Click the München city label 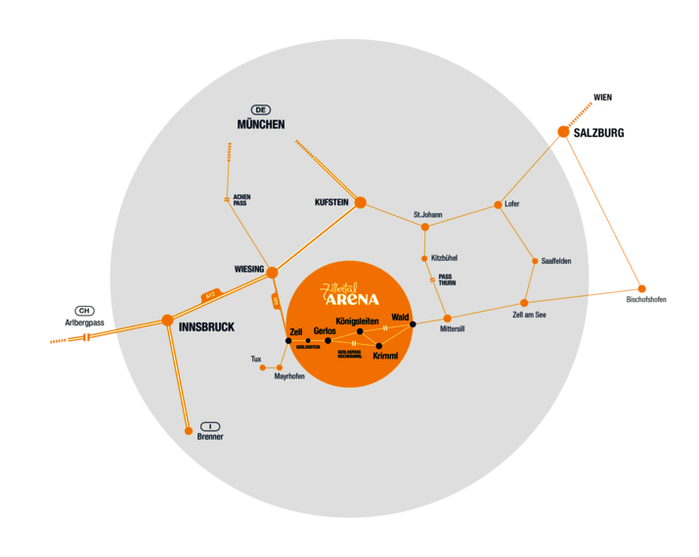point(260,124)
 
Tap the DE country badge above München point(261,109)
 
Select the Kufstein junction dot point(360,202)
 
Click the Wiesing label point(249,268)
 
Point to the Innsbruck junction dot point(167,320)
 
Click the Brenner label point(210,437)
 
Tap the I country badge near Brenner point(210,426)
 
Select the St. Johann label point(428,214)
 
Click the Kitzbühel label point(444,258)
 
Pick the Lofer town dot point(499,204)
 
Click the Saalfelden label point(555,261)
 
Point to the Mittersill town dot point(448,319)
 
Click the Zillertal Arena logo point(350,294)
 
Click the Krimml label point(385,357)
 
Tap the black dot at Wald point(414,323)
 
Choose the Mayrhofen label point(289,376)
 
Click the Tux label point(256,359)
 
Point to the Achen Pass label point(241,199)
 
